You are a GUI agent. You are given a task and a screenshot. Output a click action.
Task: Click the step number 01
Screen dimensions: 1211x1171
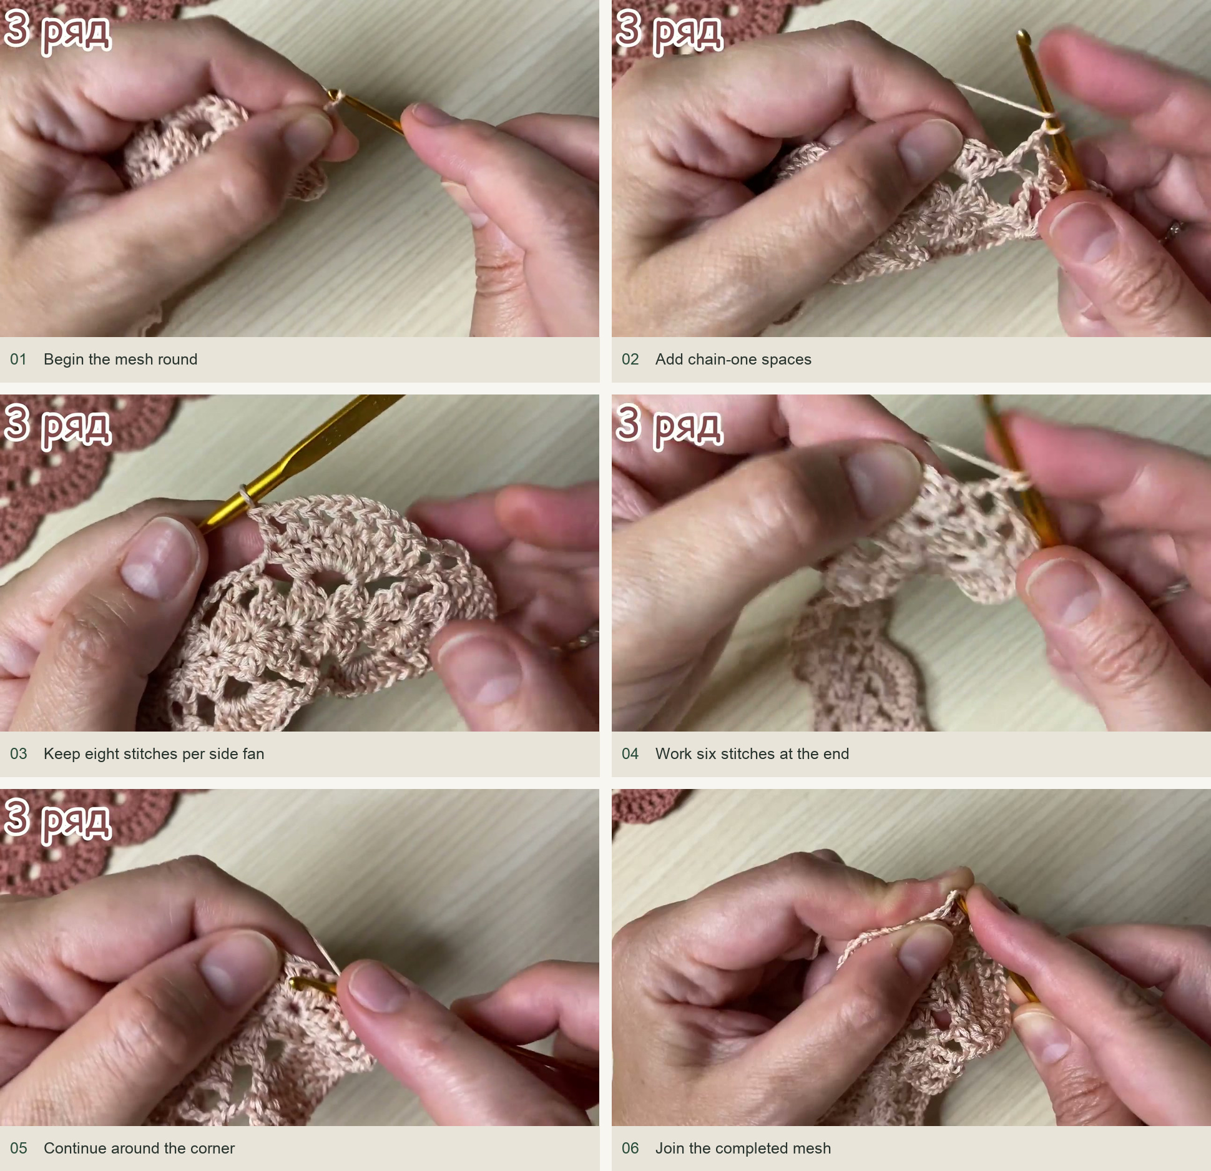pyautogui.click(x=18, y=360)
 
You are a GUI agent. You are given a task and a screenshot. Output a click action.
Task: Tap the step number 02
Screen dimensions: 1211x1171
pyautogui.click(x=630, y=360)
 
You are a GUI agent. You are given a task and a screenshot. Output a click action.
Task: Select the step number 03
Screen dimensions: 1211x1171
pyautogui.click(x=18, y=754)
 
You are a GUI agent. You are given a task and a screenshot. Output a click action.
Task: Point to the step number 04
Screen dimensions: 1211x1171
pyautogui.click(x=630, y=754)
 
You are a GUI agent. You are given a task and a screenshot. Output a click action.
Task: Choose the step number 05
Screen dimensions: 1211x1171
pyautogui.click(x=18, y=1149)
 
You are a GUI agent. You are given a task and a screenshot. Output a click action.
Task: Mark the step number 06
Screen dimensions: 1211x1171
pyautogui.click(x=630, y=1149)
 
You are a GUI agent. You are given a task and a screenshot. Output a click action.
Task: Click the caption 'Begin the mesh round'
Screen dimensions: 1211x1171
pyautogui.click(x=120, y=360)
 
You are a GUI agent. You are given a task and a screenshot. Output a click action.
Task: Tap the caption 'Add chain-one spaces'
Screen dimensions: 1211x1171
pyautogui.click(x=733, y=360)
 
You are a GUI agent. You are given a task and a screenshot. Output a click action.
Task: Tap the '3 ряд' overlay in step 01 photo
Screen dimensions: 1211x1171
pyautogui.click(x=57, y=31)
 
